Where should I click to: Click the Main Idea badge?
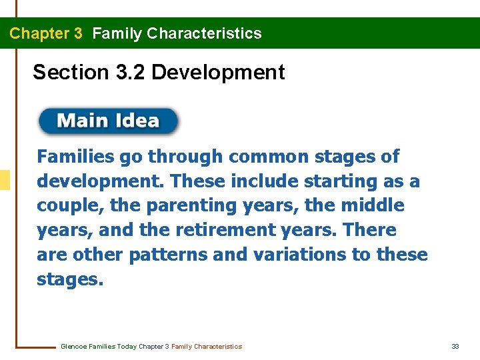109,121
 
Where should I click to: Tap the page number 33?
455,347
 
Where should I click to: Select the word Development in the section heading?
218,72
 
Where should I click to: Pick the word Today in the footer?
126,347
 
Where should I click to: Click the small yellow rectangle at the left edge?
5,180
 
